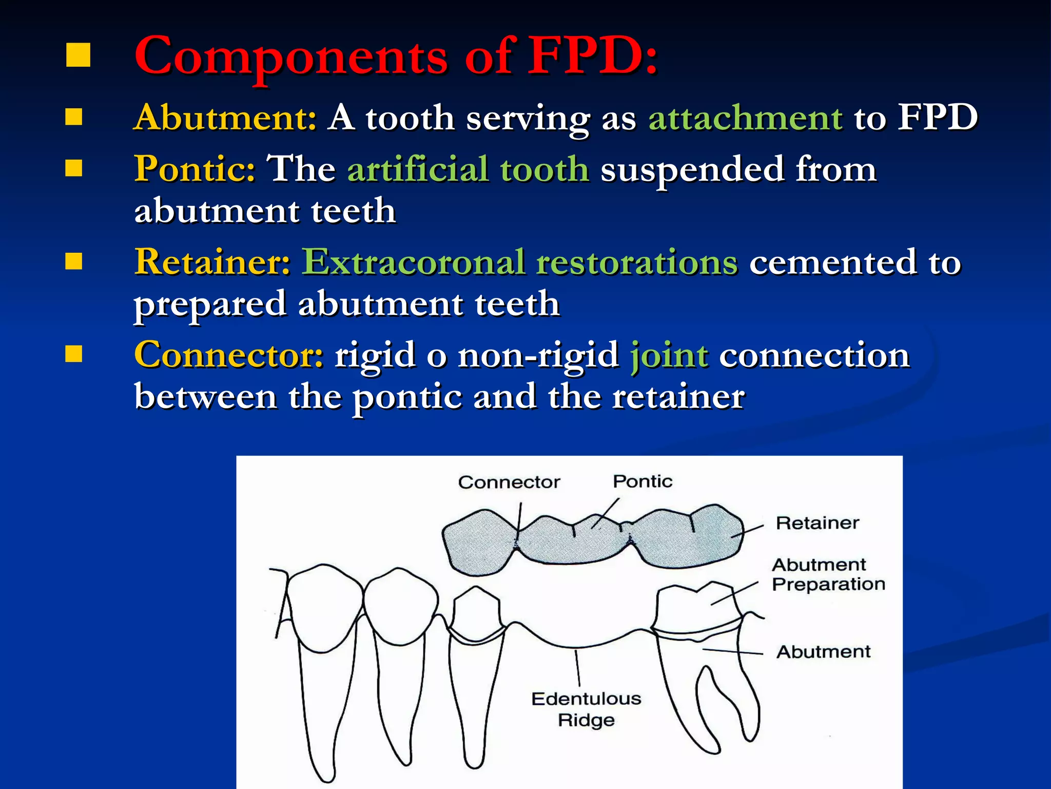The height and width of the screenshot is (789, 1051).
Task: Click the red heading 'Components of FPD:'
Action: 395,57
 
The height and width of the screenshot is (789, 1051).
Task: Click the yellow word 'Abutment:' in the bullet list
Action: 225,118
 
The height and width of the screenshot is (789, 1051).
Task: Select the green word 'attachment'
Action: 745,118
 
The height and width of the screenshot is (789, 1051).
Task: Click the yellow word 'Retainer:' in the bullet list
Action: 212,261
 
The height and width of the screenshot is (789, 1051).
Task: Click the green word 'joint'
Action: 669,355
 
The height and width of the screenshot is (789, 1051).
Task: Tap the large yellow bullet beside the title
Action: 78,55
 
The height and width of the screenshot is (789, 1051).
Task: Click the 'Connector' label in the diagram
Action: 509,482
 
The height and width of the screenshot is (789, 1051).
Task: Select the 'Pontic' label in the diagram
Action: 643,481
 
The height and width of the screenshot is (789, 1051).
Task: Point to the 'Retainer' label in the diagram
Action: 817,523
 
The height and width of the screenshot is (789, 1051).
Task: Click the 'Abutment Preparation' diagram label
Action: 828,574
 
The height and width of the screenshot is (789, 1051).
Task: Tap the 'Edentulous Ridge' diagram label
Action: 586,709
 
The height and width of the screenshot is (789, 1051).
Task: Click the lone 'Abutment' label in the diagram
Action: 823,652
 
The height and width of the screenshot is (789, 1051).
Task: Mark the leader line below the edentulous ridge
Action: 578,668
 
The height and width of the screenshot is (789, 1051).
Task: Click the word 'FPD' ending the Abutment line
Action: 938,118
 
